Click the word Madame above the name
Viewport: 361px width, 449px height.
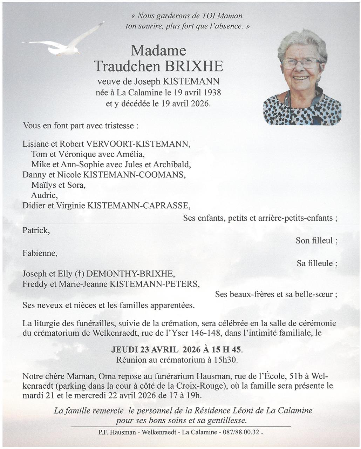[158, 51]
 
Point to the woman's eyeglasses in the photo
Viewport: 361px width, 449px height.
[301, 63]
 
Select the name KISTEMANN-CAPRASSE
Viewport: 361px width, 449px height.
[138, 206]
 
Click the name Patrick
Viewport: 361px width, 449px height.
[35, 230]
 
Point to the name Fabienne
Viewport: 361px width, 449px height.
[39, 253]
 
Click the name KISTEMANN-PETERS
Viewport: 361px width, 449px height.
[155, 284]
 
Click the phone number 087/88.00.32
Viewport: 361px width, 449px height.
[241, 432]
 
